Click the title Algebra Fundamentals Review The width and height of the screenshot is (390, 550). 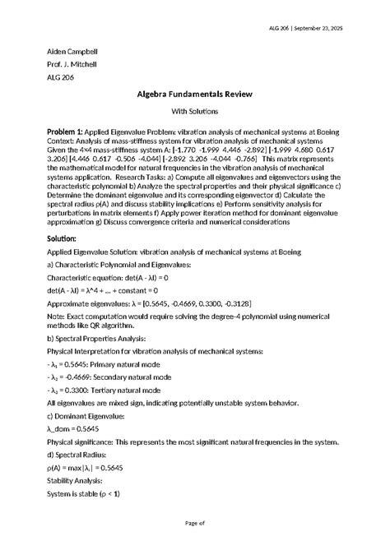coord(195,95)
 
